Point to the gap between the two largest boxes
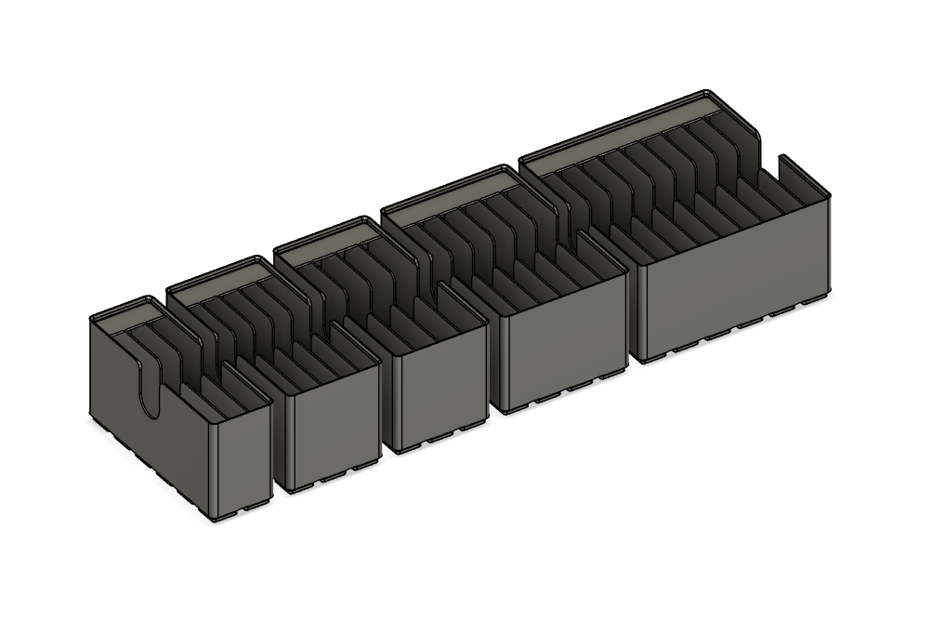coord(630,307)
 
